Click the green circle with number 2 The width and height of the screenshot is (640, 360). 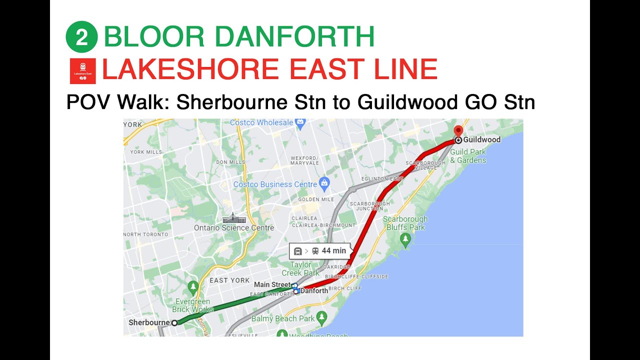tap(81, 37)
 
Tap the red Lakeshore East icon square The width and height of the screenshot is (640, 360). tap(82, 70)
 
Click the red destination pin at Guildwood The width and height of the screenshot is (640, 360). tap(458, 131)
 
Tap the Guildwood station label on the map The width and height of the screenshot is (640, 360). tap(481, 140)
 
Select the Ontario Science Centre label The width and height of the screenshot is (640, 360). tap(234, 228)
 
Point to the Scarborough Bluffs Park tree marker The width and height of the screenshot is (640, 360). tap(405, 240)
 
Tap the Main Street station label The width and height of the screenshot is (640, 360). tap(272, 284)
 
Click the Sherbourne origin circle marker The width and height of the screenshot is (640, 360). tap(174, 323)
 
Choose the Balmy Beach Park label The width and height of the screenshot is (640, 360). tap(282, 318)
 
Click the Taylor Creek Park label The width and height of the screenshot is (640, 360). tap(300, 269)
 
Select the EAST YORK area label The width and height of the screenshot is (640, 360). tap(229, 280)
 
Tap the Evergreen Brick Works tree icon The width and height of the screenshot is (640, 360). tap(193, 286)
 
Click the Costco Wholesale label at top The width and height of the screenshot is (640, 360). tap(261, 122)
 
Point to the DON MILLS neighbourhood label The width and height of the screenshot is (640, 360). tap(230, 162)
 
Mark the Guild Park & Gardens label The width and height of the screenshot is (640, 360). tap(468, 156)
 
